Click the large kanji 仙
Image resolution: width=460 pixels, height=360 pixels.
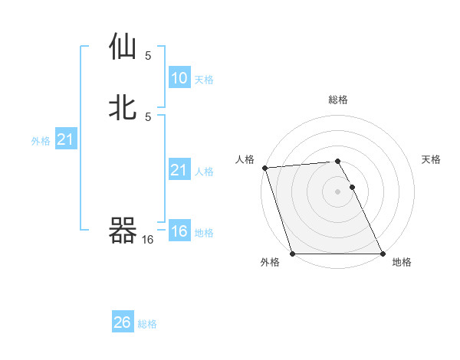[123, 47]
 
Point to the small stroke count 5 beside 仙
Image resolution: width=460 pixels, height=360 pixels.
[148, 55]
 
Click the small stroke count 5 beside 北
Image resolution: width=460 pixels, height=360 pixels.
[148, 116]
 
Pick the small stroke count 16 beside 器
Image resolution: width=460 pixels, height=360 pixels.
[148, 240]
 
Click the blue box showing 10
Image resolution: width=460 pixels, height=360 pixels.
[179, 78]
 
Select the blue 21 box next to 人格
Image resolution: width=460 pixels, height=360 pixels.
[179, 170]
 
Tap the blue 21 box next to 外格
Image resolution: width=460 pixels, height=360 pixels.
[65, 139]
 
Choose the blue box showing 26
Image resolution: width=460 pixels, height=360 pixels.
[123, 322]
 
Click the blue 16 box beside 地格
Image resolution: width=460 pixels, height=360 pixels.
[179, 231]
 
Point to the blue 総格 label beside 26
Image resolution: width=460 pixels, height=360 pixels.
[147, 324]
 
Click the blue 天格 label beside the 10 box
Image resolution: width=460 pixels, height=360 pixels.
[204, 80]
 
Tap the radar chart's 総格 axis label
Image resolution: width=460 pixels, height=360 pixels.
[338, 100]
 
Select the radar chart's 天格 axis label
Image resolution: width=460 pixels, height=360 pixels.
[432, 159]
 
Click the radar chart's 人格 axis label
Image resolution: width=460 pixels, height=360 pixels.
[245, 159]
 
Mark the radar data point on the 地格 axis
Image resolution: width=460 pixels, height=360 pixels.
[383, 254]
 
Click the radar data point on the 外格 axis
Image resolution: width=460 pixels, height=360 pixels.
[292, 254]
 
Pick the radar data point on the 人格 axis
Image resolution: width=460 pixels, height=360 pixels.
[264, 168]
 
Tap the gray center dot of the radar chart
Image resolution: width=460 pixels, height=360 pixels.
[337, 191]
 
